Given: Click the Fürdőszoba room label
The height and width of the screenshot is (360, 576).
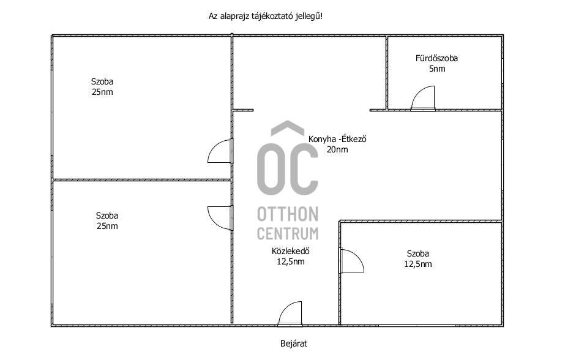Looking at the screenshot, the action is pyautogui.click(x=436, y=58).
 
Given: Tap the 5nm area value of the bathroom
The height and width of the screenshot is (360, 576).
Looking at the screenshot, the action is pyautogui.click(x=437, y=69).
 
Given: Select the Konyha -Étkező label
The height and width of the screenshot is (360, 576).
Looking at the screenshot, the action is pyautogui.click(x=337, y=139).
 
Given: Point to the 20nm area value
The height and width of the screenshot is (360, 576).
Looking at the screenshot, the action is pyautogui.click(x=337, y=149).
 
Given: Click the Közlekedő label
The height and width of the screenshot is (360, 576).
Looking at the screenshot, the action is pyautogui.click(x=291, y=251).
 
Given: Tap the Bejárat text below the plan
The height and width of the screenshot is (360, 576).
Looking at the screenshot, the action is pyautogui.click(x=294, y=344).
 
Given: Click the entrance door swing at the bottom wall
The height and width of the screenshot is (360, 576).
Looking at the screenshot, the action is pyautogui.click(x=290, y=313).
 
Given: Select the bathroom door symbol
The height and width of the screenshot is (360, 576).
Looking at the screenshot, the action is pyautogui.click(x=423, y=98).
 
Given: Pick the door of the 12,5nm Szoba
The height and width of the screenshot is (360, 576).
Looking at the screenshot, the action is pyautogui.click(x=351, y=261).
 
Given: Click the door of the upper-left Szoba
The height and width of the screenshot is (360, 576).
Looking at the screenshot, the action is pyautogui.click(x=220, y=151).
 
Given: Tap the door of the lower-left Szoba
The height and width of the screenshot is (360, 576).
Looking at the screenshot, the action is pyautogui.click(x=220, y=218).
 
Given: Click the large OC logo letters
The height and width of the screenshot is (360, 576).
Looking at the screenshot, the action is pyautogui.click(x=288, y=169).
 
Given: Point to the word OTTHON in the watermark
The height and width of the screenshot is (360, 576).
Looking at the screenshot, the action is pyautogui.click(x=288, y=214).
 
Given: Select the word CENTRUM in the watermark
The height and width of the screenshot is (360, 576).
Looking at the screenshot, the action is pyautogui.click(x=288, y=234).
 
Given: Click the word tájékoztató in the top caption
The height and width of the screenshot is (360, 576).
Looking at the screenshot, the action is pyautogui.click(x=272, y=17).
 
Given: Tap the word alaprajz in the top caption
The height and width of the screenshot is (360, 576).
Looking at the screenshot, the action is pyautogui.click(x=234, y=17).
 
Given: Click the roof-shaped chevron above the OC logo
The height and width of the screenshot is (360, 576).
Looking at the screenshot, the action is pyautogui.click(x=288, y=127).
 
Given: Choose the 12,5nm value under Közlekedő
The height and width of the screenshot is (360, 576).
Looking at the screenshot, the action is pyautogui.click(x=291, y=261).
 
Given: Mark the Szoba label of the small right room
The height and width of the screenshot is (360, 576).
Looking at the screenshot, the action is pyautogui.click(x=418, y=253).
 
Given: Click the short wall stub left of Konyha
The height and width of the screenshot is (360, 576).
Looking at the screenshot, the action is pyautogui.click(x=243, y=110).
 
